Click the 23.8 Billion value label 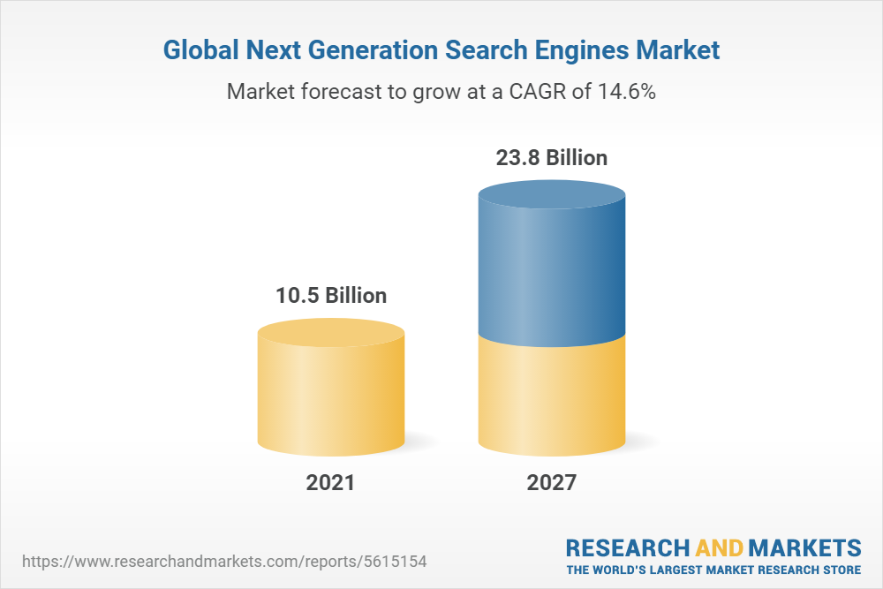(x=551, y=158)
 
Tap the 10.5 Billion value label (x=331, y=295)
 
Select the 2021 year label (x=330, y=483)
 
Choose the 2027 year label (x=551, y=483)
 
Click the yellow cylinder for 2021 (x=331, y=397)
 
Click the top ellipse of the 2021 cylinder (x=331, y=333)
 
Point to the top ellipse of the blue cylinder (x=551, y=196)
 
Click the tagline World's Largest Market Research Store (x=713, y=569)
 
